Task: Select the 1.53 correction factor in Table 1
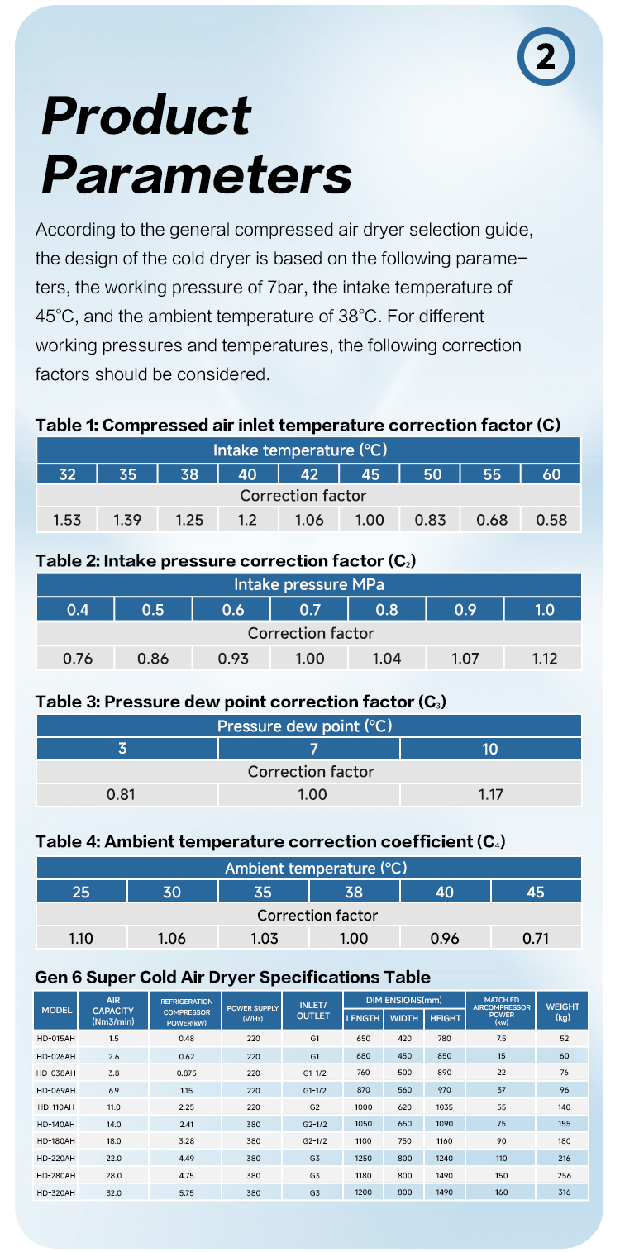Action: click(x=67, y=520)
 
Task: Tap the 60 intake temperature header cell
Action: click(x=551, y=474)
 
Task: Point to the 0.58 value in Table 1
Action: click(x=551, y=520)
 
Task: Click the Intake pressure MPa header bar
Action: click(x=309, y=585)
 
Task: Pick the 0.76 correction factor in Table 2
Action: click(x=78, y=659)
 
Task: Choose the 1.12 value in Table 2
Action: click(x=544, y=659)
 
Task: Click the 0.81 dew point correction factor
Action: click(x=122, y=795)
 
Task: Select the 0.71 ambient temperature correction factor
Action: click(x=536, y=938)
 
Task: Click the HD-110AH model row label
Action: click(x=57, y=1106)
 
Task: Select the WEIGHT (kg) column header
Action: click(x=562, y=1012)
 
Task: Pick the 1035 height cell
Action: click(x=445, y=1106)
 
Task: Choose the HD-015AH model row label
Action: click(x=57, y=1037)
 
